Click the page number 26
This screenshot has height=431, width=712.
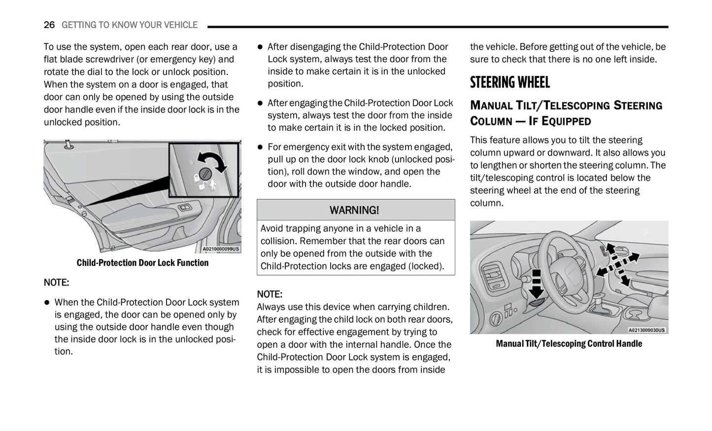(x=49, y=25)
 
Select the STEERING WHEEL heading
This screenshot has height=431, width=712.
(x=509, y=82)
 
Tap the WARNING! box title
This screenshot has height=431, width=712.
(x=354, y=210)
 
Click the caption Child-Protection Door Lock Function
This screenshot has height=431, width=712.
(x=142, y=263)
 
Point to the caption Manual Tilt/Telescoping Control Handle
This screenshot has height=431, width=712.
(x=569, y=344)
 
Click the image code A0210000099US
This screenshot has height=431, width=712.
(x=221, y=249)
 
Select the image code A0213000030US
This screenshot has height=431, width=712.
(x=646, y=330)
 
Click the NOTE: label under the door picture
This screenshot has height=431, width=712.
(x=56, y=283)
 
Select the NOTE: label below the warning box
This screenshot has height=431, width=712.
(x=269, y=294)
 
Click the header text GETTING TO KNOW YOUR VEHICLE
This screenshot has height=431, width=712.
(x=130, y=25)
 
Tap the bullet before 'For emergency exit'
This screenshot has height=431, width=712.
(x=260, y=147)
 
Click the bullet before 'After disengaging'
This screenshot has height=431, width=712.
(x=260, y=47)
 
